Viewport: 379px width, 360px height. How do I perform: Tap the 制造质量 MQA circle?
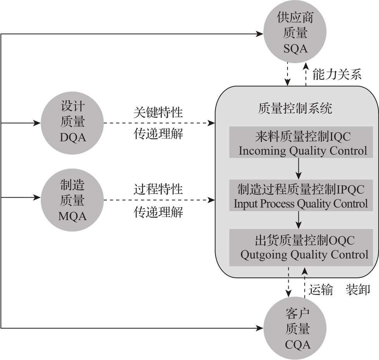72,200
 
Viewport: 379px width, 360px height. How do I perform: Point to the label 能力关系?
337,74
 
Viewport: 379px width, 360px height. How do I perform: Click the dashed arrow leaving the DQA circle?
159,123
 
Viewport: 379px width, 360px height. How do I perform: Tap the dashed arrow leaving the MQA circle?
159,200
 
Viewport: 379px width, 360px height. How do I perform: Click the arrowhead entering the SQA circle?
260,34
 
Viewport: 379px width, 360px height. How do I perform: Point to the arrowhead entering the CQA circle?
260,329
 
